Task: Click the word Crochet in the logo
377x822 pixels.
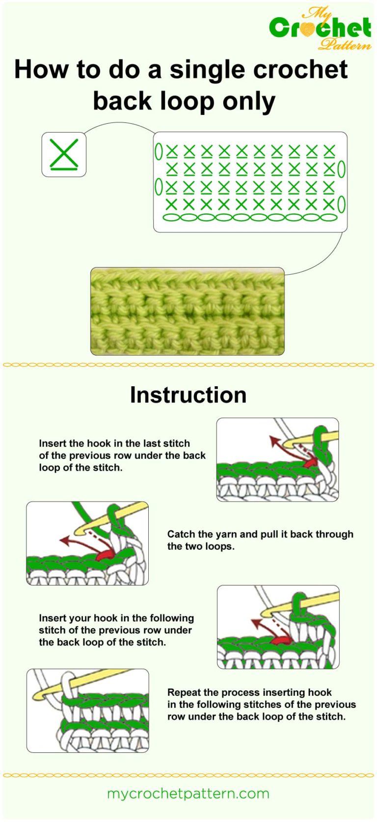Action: (320, 28)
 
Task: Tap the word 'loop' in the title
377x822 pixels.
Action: (187, 101)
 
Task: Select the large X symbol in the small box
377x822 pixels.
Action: (64, 153)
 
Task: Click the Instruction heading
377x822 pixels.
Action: (188, 395)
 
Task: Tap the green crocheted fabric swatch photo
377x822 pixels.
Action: (187, 311)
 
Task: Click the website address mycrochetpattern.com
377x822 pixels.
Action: (188, 793)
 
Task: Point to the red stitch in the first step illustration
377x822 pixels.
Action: (310, 462)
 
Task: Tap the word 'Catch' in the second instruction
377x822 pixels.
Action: (181, 534)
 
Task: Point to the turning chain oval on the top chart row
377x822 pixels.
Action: (159, 151)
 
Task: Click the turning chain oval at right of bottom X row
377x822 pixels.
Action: (341, 204)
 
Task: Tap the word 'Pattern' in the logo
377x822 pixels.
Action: (345, 45)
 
